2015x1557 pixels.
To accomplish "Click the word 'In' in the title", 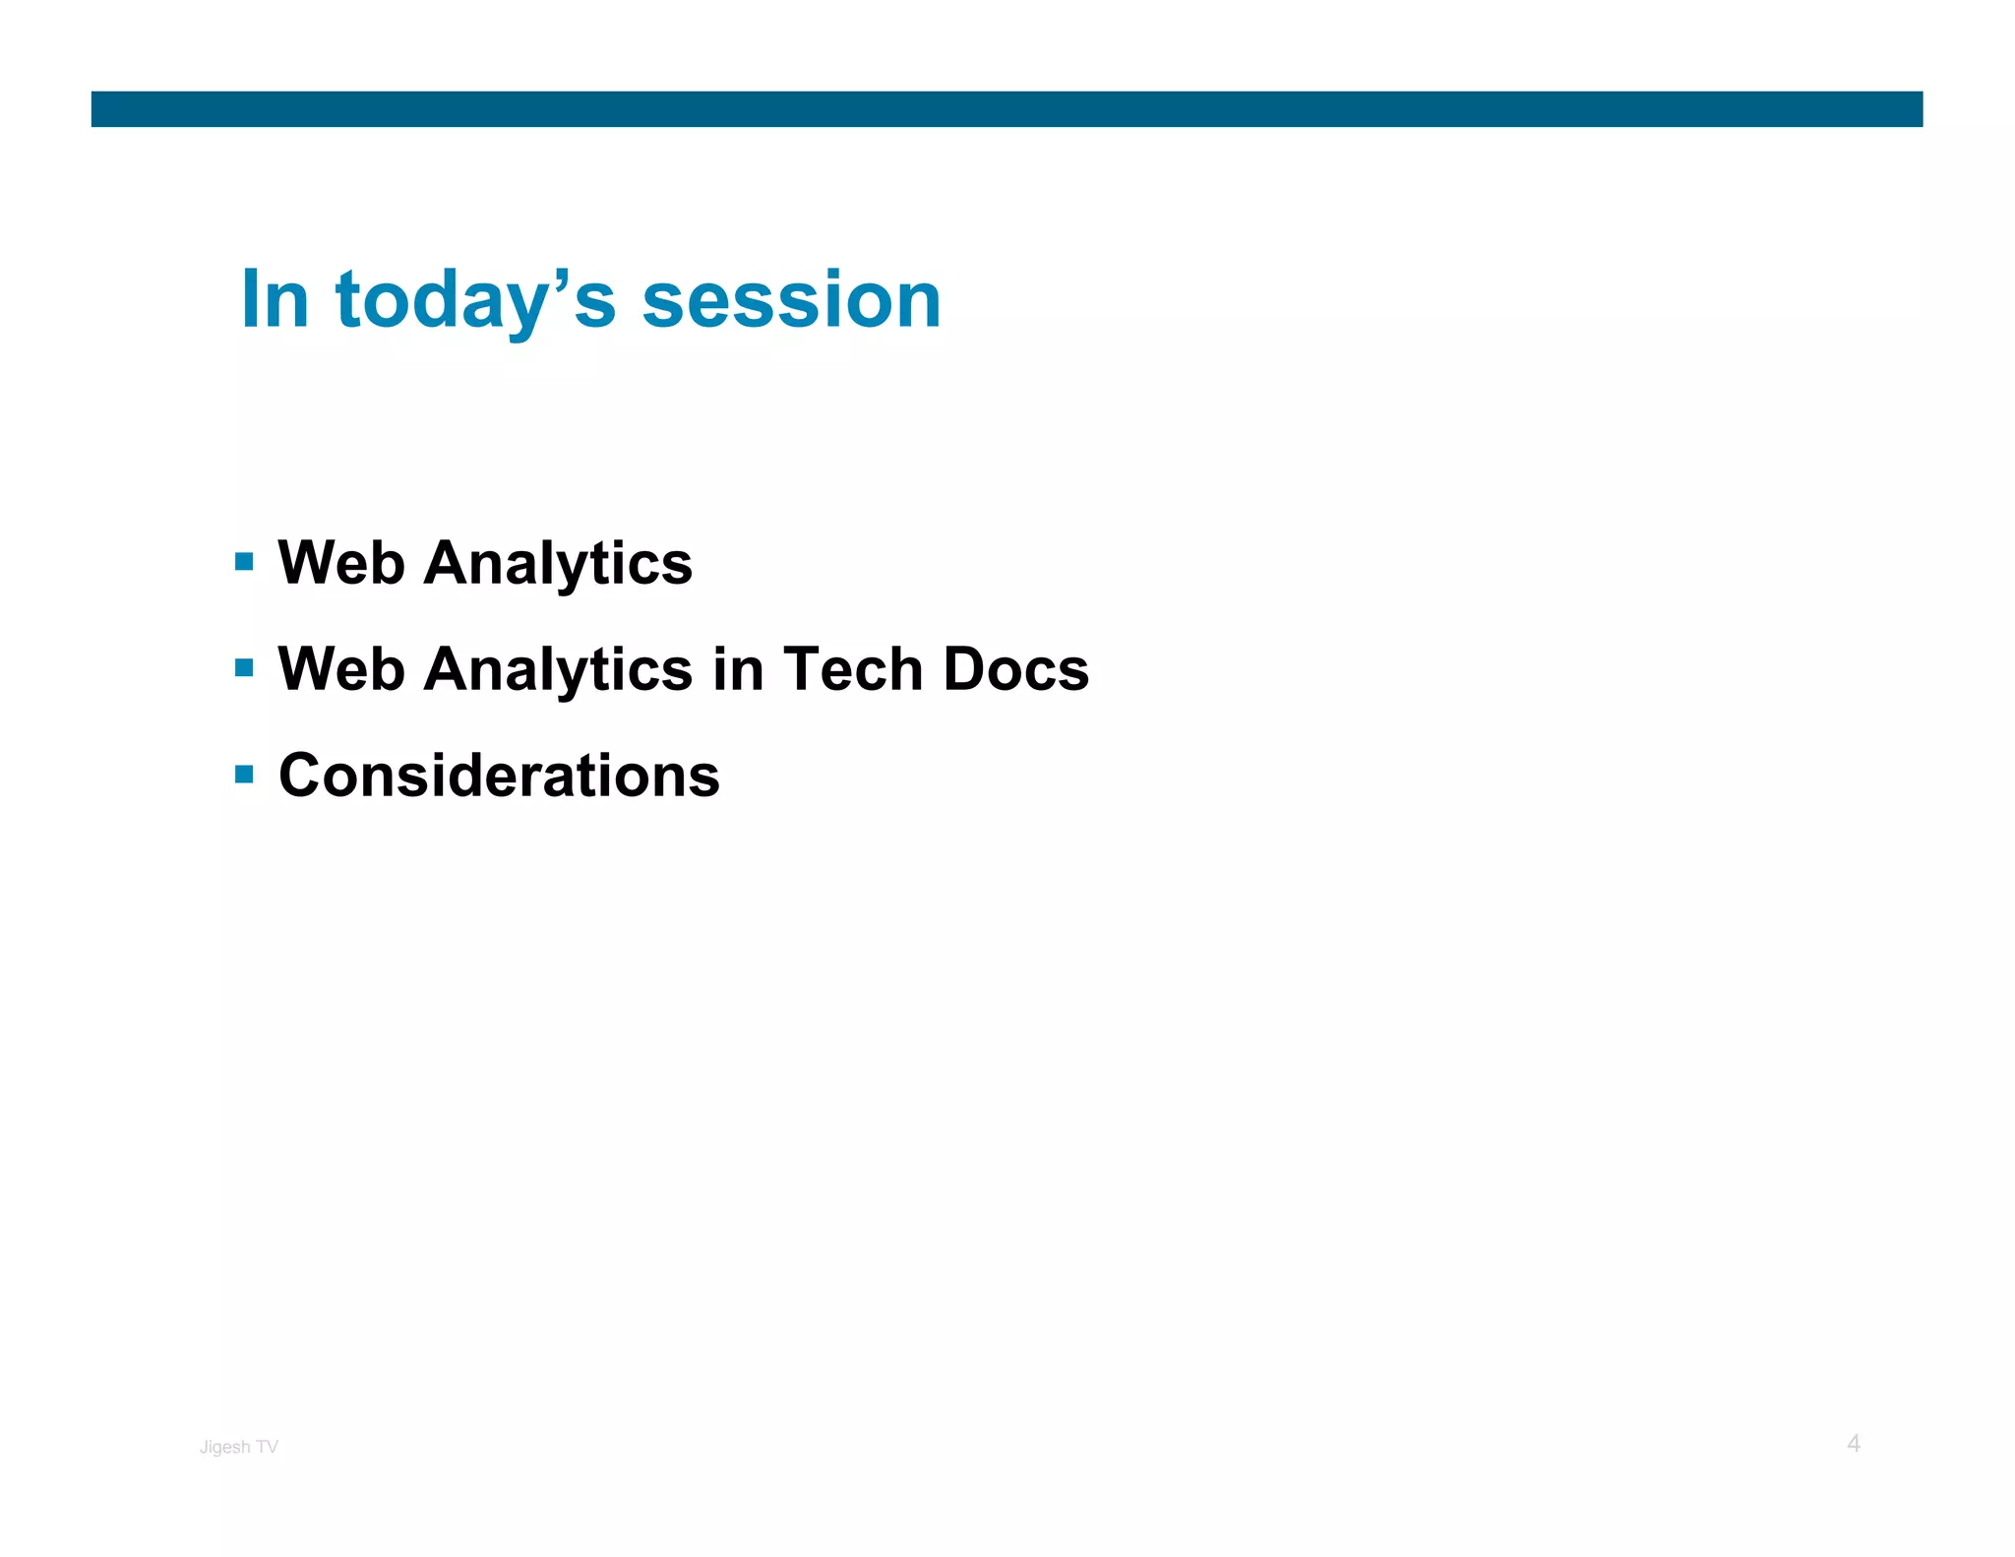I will click(275, 299).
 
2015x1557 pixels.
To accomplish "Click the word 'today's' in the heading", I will click(475, 301).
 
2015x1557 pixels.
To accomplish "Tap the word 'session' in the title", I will click(791, 301).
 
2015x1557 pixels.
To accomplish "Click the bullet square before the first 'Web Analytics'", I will click(245, 562).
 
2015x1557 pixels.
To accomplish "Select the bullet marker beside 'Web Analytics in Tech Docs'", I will click(245, 668).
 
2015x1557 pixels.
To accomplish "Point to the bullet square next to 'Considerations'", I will click(245, 775).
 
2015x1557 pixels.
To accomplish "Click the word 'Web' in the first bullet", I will click(340, 563).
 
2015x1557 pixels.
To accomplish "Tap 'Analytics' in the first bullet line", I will click(558, 565).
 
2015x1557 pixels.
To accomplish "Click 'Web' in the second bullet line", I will click(340, 669).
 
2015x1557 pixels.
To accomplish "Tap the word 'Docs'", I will click(1015, 669).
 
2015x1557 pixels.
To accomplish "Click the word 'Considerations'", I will click(499, 776).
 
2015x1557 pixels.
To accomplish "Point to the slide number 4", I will click(1853, 1444).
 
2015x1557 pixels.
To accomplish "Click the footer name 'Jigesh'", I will click(224, 1448).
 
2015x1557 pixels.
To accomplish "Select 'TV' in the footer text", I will click(267, 1447).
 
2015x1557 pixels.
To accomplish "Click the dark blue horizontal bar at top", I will click(1007, 109).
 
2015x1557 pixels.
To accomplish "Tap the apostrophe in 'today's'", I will click(562, 280).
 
